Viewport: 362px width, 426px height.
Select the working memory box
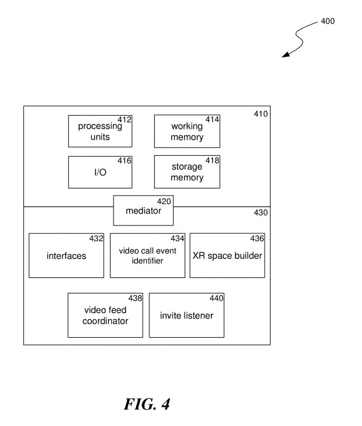pyautogui.click(x=187, y=131)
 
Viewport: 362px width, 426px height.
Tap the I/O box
pyautogui.click(x=100, y=172)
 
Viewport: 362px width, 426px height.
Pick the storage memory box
pyautogui.click(x=187, y=172)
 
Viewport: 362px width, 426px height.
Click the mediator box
pyautogui.click(x=143, y=211)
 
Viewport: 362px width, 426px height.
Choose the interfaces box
pyautogui.click(x=66, y=256)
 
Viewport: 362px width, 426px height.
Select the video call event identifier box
pyautogui.click(x=147, y=256)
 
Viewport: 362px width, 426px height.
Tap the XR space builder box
pyautogui.click(x=227, y=256)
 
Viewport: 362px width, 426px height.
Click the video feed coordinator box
pyautogui.click(x=106, y=315)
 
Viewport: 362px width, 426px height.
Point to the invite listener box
pyautogui.click(x=186, y=315)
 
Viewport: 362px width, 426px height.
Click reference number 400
pyautogui.click(x=328, y=21)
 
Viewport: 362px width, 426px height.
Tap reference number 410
pyautogui.click(x=261, y=114)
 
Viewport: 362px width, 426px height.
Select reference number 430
pyautogui.click(x=261, y=212)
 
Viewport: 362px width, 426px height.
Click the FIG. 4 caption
pyautogui.click(x=147, y=404)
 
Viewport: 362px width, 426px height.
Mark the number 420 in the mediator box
pyautogui.click(x=164, y=201)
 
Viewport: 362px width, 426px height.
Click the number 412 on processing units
pyautogui.click(x=125, y=120)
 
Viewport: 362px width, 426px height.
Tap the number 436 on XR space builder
pyautogui.click(x=257, y=238)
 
